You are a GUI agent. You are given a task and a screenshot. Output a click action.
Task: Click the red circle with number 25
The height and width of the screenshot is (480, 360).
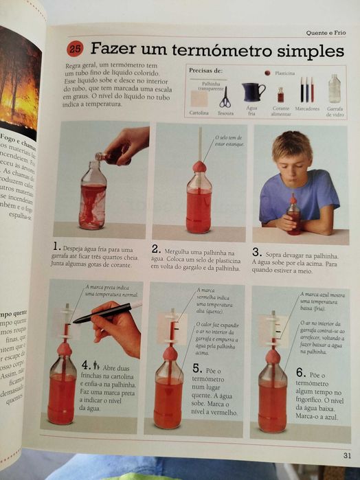(x=75, y=49)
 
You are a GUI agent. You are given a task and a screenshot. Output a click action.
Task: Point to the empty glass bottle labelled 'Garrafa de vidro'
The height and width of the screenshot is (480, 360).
(x=334, y=90)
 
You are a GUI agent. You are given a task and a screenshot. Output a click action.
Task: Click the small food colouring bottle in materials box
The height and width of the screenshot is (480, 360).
(x=280, y=95)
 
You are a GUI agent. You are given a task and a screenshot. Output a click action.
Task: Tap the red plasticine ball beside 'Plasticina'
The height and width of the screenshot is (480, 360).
(x=267, y=72)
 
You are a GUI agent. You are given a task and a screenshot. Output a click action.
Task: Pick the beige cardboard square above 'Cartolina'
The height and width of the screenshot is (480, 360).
(x=199, y=98)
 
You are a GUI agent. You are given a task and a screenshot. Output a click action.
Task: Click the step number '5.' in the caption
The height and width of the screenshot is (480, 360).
(x=197, y=369)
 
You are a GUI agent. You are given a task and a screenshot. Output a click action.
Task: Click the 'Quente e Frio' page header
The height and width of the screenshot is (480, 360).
(x=325, y=32)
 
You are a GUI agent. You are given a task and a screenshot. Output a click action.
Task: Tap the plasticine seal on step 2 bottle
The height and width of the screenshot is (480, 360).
(x=199, y=166)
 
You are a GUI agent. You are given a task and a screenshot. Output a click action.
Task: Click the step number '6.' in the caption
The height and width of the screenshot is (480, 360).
(x=300, y=372)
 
